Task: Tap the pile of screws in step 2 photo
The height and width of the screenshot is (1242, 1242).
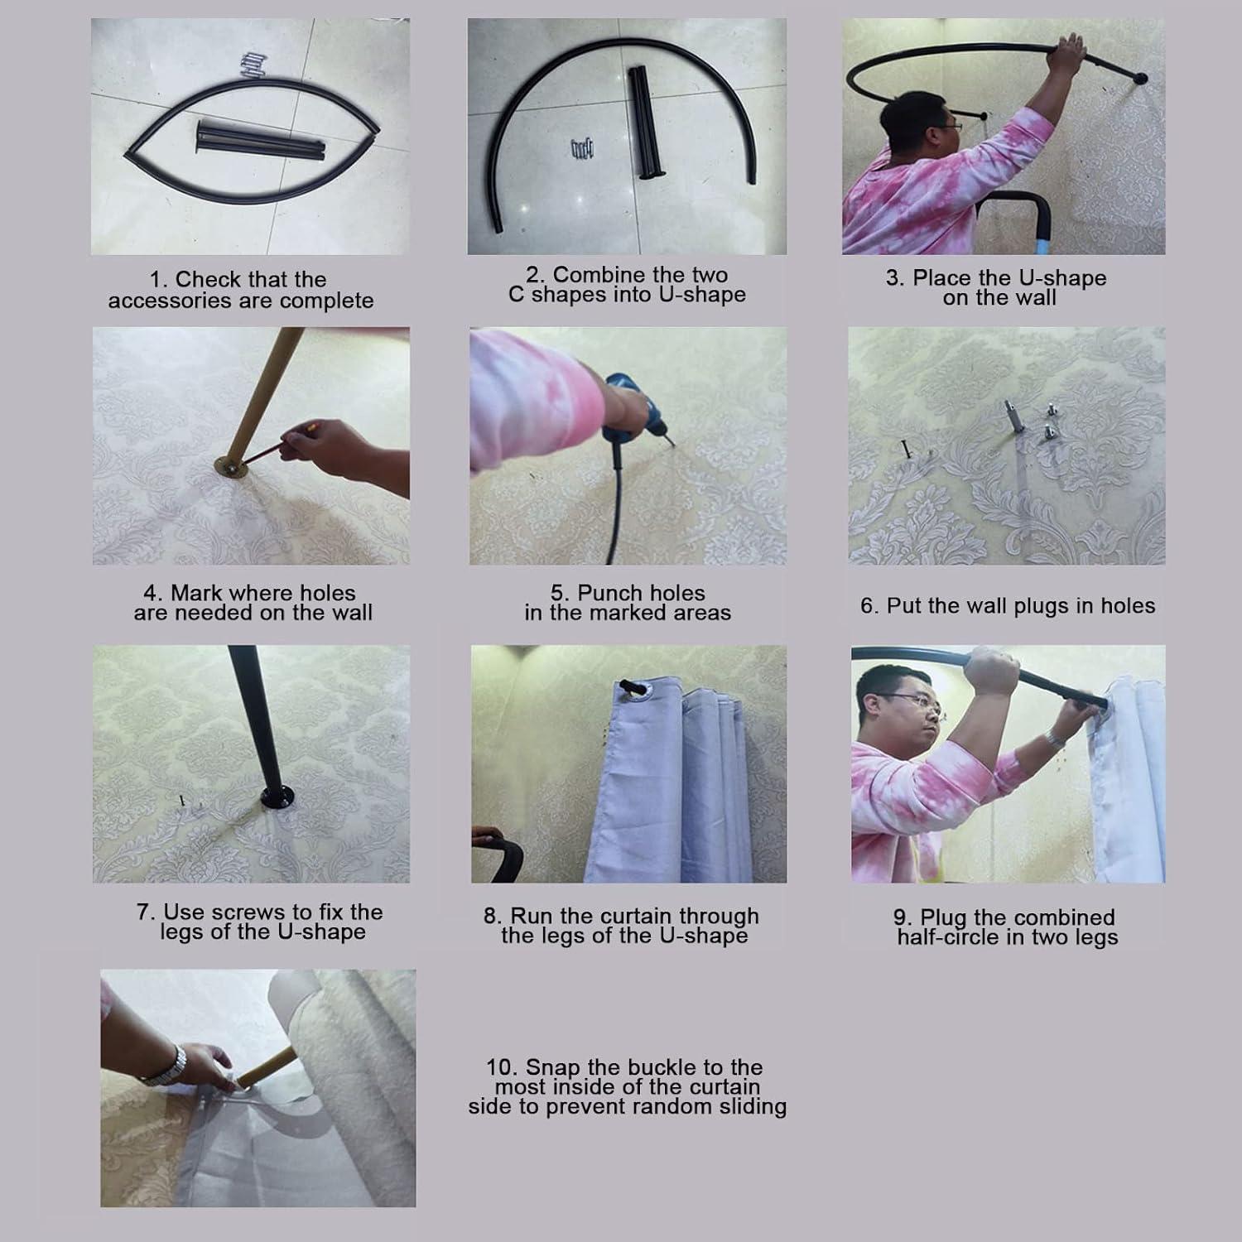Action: pos(582,150)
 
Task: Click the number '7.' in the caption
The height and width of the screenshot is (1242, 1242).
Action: pos(147,912)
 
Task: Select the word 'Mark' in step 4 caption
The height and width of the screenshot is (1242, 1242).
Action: pos(195,593)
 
